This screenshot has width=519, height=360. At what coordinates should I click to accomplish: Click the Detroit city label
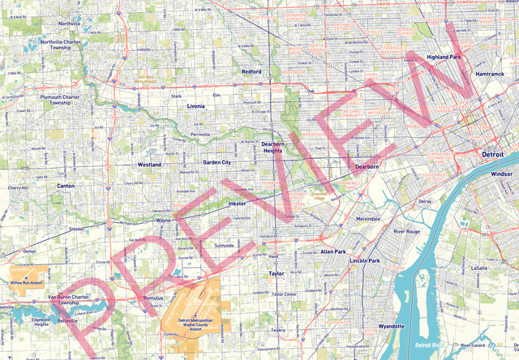pyautogui.click(x=492, y=153)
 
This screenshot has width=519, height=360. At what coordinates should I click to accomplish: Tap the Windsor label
pyautogui.click(x=502, y=174)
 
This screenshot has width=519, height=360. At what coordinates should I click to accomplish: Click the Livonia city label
pyautogui.click(x=195, y=106)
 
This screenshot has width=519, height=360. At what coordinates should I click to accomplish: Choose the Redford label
pyautogui.click(x=251, y=71)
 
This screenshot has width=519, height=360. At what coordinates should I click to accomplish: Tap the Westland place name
pyautogui.click(x=149, y=165)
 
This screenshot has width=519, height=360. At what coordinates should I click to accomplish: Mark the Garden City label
pyautogui.click(x=217, y=162)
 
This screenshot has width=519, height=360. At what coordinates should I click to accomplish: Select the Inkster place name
pyautogui.click(x=237, y=203)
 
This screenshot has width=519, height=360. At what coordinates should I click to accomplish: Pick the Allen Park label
pyautogui.click(x=333, y=252)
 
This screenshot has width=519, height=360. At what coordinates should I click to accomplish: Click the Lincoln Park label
pyautogui.click(x=364, y=260)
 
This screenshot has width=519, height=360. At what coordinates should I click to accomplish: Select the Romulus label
pyautogui.click(x=153, y=298)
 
